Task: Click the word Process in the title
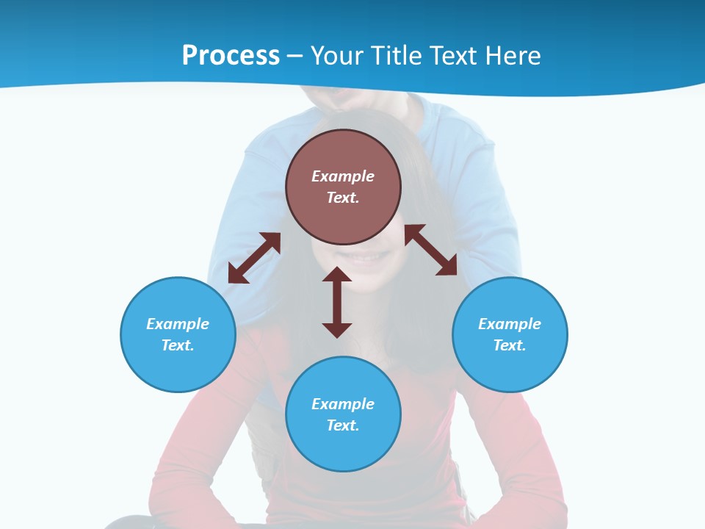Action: click(231, 56)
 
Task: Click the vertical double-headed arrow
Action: click(337, 302)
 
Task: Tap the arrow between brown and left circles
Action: click(254, 258)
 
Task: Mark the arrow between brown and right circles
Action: click(431, 250)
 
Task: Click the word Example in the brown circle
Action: click(343, 176)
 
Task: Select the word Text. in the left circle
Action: click(178, 345)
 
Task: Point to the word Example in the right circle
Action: click(510, 324)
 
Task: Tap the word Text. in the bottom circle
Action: click(343, 425)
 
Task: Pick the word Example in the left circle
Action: click(178, 324)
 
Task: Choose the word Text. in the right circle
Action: click(510, 345)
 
